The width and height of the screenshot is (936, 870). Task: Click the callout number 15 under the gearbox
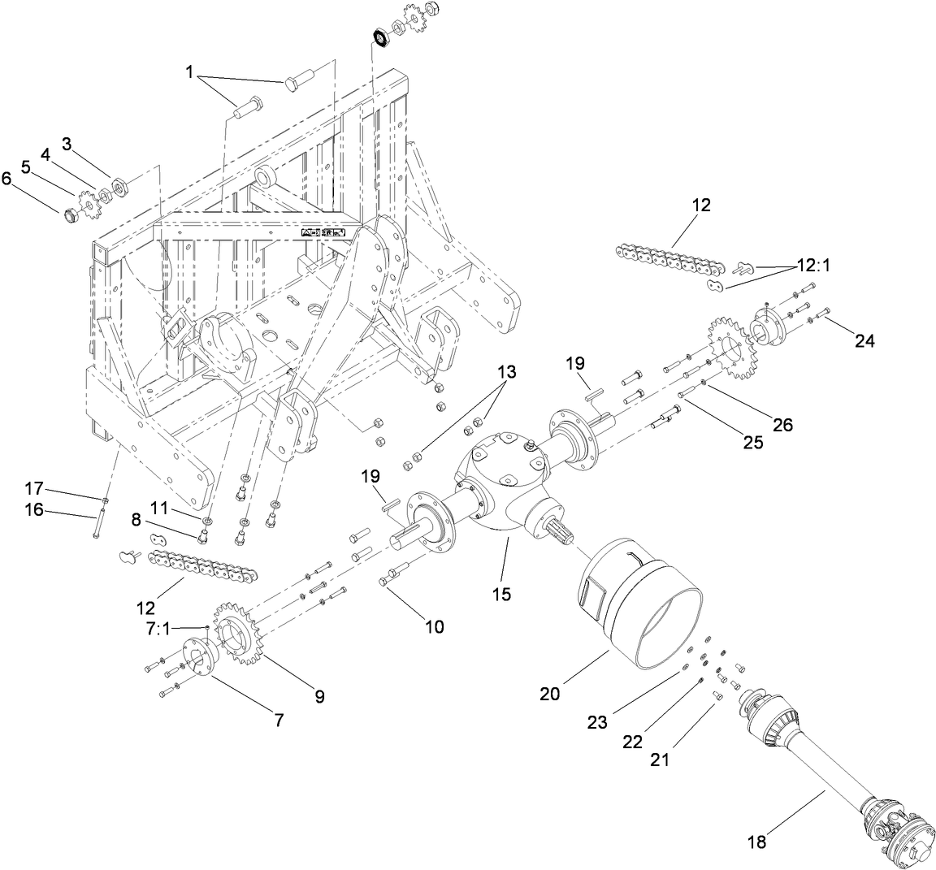coord(501,595)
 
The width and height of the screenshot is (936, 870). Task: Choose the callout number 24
coord(864,341)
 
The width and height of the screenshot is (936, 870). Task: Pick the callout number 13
coord(506,373)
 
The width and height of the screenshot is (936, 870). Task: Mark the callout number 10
coord(435,625)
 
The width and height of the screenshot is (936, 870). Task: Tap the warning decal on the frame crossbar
coord(324,232)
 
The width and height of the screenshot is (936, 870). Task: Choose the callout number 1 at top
coord(189,73)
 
